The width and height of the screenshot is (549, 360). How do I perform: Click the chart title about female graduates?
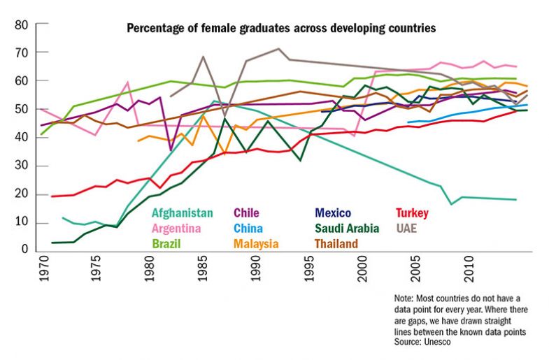click(281, 29)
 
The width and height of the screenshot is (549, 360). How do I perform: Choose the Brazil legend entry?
click(166, 244)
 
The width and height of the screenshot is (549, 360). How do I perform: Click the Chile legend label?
click(248, 213)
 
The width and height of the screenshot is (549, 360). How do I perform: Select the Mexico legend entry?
click(333, 213)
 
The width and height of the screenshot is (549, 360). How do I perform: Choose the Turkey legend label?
click(412, 213)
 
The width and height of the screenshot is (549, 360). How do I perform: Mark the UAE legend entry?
click(406, 229)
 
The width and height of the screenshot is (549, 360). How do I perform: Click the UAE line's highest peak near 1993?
click(279, 48)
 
